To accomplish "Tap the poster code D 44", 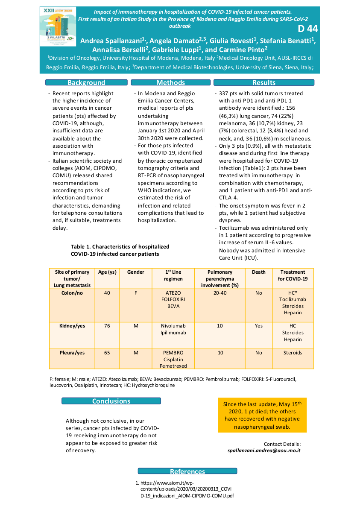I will click(x=307, y=29).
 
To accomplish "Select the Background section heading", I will click(x=86, y=83).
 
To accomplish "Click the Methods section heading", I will click(x=170, y=83).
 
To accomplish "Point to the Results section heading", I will click(x=263, y=83).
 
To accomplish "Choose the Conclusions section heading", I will click(x=111, y=401).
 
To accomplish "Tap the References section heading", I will click(x=187, y=471).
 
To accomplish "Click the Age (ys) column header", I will click(x=107, y=272).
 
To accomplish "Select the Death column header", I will click(x=258, y=272).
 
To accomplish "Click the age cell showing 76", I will click(x=107, y=326).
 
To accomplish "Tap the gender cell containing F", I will click(x=136, y=293).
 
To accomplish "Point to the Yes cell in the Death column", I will click(x=258, y=326).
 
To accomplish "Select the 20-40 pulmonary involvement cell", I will click(x=220, y=293).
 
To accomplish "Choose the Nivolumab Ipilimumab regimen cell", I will click(x=173, y=329).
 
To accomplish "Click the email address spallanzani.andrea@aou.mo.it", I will click(x=264, y=450).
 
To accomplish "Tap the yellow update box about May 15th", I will click(x=262, y=415).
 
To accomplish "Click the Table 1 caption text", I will click(x=120, y=250).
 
